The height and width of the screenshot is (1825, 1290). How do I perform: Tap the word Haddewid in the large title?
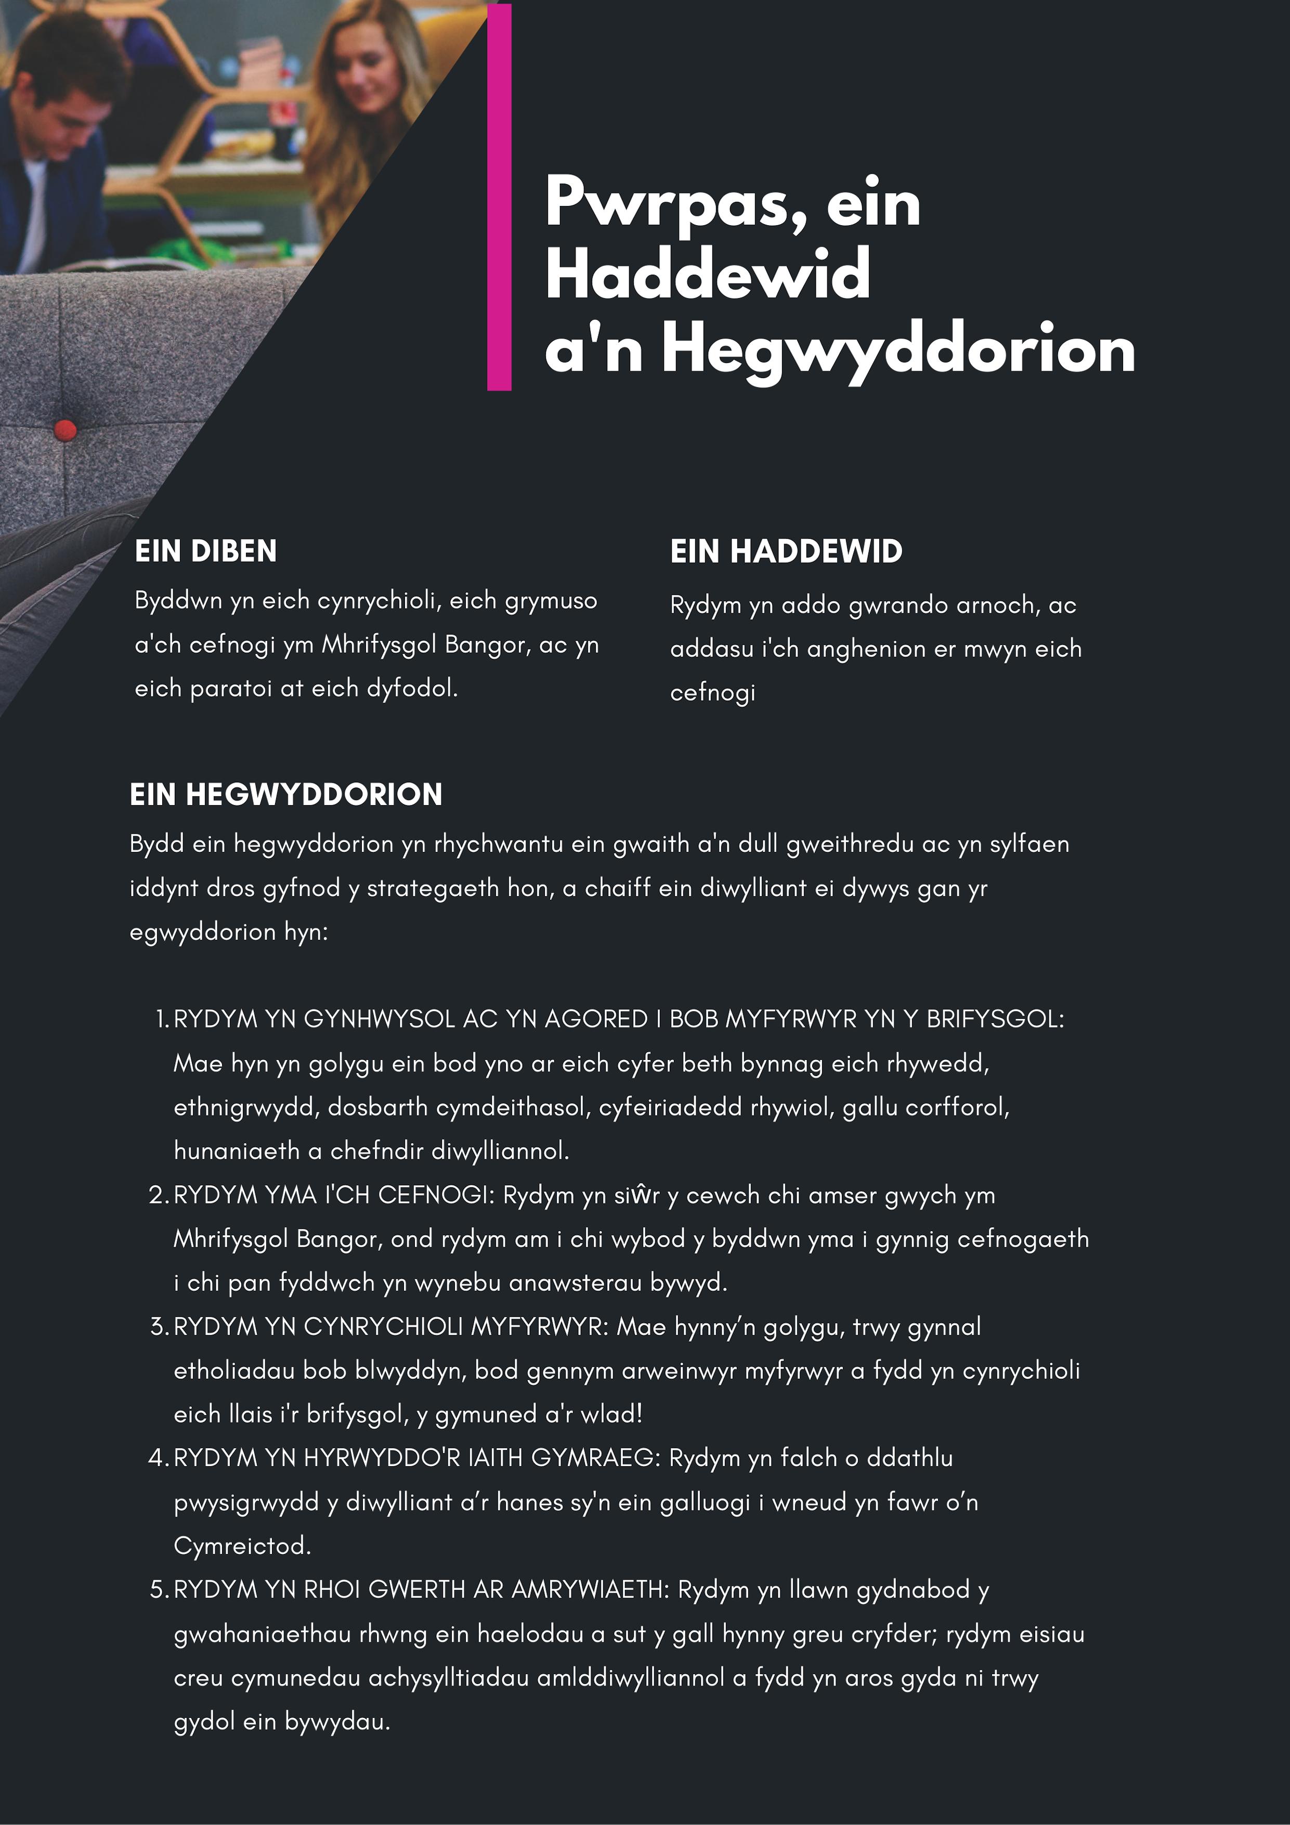pyautogui.click(x=707, y=274)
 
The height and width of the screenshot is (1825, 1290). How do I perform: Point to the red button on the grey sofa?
pyautogui.click(x=65, y=430)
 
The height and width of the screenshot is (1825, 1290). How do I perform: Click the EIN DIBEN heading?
pyautogui.click(x=205, y=551)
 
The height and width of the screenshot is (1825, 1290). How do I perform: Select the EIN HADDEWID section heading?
pyautogui.click(x=786, y=551)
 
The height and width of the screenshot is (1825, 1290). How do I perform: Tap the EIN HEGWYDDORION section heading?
pyautogui.click(x=285, y=794)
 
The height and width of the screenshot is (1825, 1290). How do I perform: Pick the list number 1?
pyautogui.click(x=161, y=1019)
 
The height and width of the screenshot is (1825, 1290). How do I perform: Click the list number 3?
pyautogui.click(x=158, y=1327)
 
